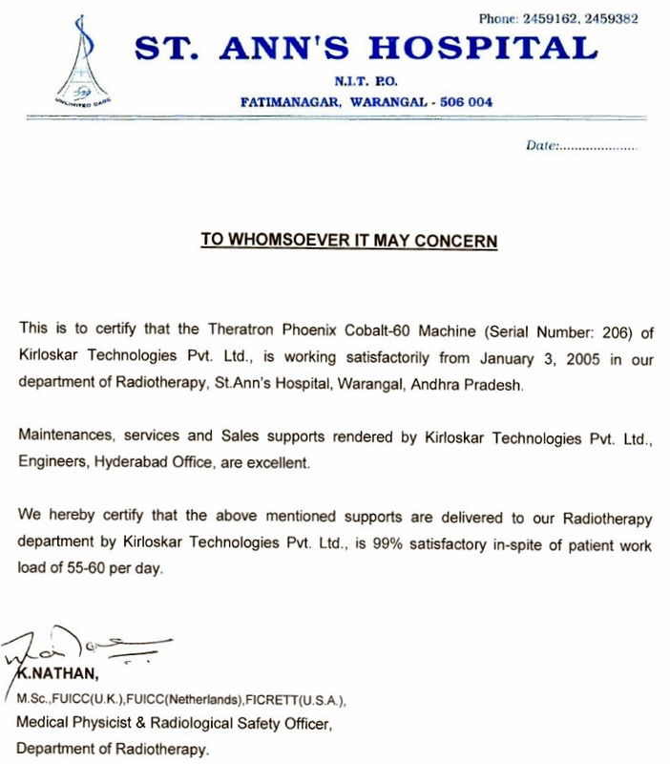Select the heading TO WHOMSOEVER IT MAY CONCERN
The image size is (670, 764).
click(x=349, y=241)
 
